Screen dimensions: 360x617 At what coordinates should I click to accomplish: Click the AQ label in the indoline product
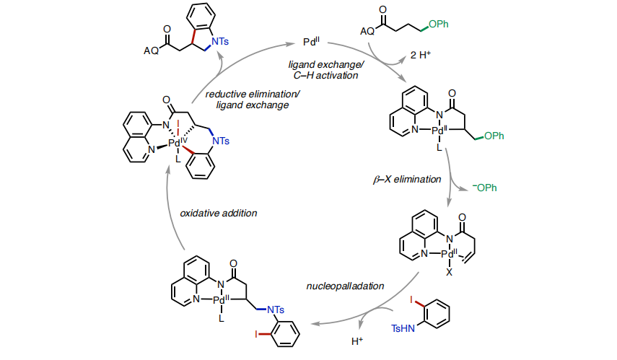[x=152, y=51]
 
